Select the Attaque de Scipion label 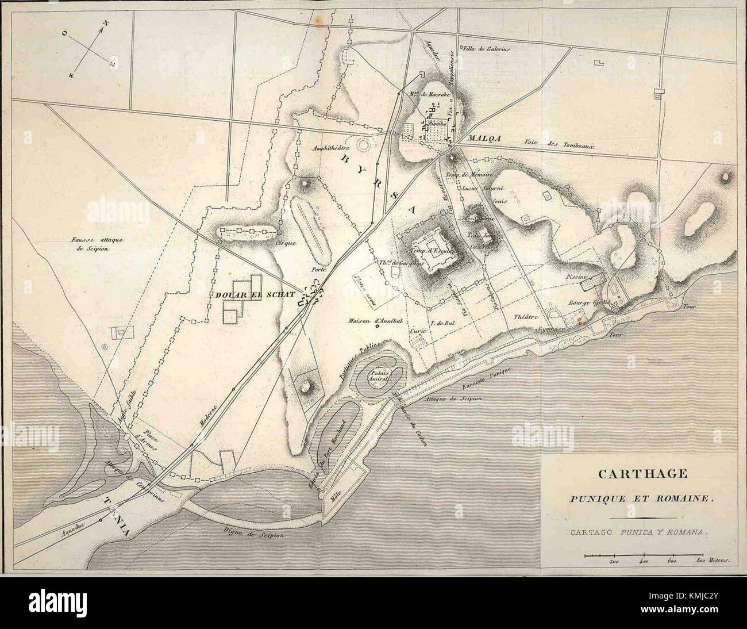[x=454, y=398]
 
